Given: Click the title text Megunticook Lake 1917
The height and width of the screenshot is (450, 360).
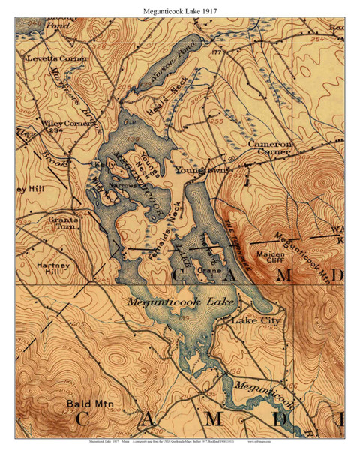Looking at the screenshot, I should point(180,8).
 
